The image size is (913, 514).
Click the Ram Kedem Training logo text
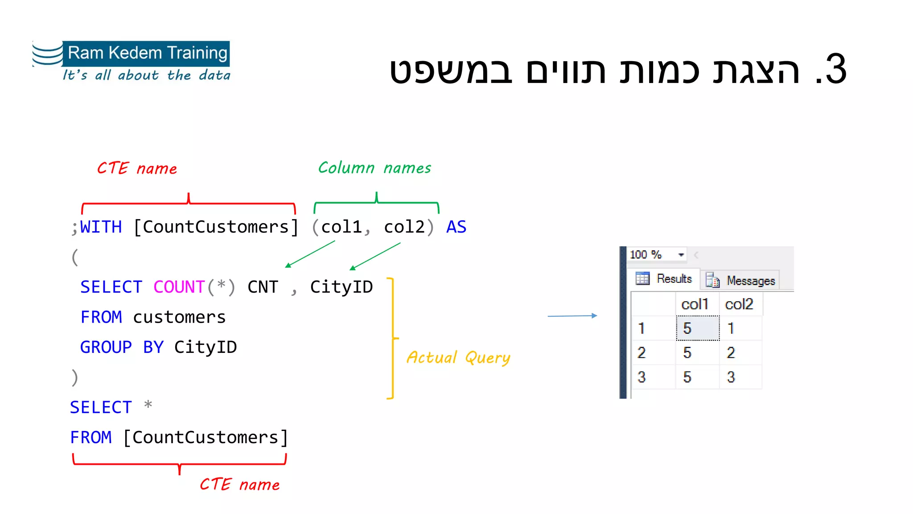pos(147,53)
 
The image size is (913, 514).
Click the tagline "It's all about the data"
pos(146,75)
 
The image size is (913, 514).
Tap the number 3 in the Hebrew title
pos(835,70)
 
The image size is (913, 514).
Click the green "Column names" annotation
pos(374,168)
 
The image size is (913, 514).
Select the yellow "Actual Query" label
pos(458,358)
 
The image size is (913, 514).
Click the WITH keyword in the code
pos(101,227)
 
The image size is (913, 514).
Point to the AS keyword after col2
pos(456,227)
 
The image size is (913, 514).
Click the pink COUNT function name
pos(179,287)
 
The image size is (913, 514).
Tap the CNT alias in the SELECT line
pos(263,287)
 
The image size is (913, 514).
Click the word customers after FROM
pos(179,317)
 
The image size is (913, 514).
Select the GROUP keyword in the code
pos(106,347)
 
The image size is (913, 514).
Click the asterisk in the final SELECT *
pos(148,406)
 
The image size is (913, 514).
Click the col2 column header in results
pos(739,304)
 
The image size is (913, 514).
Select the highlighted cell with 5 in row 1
pos(697,328)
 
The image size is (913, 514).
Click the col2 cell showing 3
pos(731,377)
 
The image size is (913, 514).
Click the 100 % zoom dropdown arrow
pos(681,255)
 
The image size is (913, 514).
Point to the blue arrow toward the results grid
pos(572,316)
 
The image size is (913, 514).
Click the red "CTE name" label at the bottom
pos(239,485)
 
